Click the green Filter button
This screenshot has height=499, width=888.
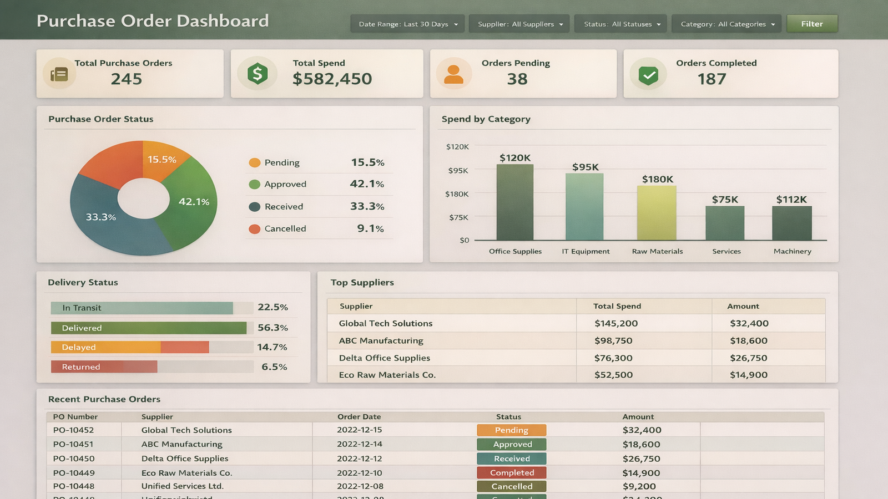811,24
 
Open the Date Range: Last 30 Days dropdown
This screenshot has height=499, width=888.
407,24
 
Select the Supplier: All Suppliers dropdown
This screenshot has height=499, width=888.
519,24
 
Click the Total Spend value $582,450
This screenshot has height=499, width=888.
332,79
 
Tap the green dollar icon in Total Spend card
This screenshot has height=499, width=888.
257,73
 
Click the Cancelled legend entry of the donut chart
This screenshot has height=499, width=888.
285,228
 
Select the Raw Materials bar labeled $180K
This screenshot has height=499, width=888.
657,213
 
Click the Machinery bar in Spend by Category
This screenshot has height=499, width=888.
791,223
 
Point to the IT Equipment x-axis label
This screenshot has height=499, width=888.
586,251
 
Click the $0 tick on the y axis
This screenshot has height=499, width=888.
464,240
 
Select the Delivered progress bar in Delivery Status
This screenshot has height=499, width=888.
148,328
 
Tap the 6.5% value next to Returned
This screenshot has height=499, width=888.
274,367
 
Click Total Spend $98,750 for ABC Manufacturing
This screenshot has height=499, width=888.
613,341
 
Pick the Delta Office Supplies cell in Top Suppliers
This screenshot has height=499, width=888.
385,358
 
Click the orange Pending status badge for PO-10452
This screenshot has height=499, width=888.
511,430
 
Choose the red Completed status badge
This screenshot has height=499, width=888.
511,473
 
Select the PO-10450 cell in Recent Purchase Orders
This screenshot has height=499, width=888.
74,459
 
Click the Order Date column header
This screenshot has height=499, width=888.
359,416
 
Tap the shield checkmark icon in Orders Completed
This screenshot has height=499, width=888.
648,74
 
